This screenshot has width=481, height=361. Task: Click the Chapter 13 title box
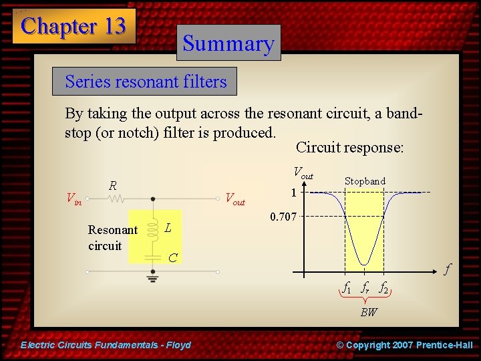point(73,26)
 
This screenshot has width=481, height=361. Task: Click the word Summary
point(228,43)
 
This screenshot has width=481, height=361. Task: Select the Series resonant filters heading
point(146,82)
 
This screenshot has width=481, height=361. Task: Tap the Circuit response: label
point(349,147)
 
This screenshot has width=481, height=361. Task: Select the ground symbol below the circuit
point(153,280)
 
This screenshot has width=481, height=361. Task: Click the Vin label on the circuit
point(73,199)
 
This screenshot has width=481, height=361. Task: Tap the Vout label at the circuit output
point(235,199)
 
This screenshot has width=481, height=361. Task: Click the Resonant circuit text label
point(112,237)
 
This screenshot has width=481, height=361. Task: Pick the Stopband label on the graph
point(365,181)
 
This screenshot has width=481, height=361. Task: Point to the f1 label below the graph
point(347,288)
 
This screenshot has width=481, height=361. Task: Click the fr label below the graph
point(365,288)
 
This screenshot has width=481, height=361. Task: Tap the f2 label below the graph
point(383,288)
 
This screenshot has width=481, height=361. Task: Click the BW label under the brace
point(368,312)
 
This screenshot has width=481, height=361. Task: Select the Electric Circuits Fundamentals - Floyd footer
point(106,345)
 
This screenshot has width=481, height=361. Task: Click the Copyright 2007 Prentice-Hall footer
point(404,345)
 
